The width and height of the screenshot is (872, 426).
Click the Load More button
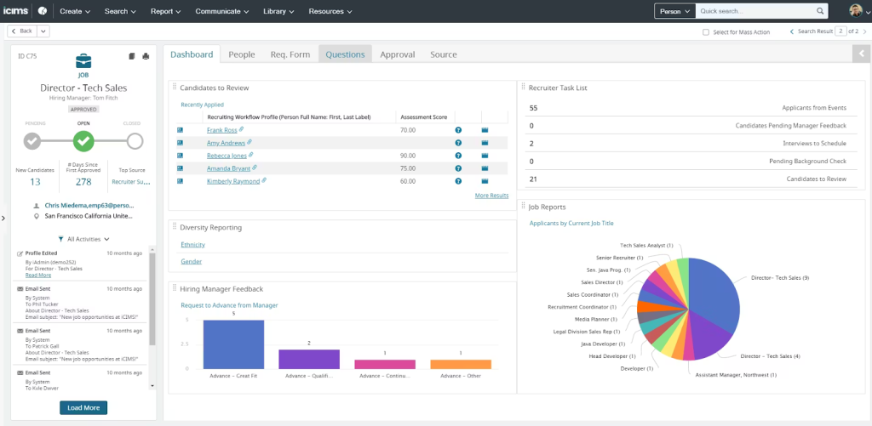coord(83,407)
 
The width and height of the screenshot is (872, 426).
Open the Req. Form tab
coord(290,54)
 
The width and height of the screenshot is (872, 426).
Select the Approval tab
coord(398,54)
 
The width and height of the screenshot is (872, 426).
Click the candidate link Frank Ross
coord(222,130)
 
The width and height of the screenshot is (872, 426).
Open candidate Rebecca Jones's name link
coord(226,156)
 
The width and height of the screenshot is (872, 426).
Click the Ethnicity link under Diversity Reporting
coord(192,245)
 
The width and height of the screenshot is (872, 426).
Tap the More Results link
coord(491,195)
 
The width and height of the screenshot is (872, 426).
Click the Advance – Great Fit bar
coord(233,344)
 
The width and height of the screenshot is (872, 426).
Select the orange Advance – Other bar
coord(461,364)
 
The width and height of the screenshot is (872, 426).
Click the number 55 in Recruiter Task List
coord(533,108)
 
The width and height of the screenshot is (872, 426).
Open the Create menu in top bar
coord(76,11)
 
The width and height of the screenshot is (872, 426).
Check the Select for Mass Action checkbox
coord(705,31)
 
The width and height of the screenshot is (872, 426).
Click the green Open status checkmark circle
coord(83,141)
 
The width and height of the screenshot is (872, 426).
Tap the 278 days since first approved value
coord(83,181)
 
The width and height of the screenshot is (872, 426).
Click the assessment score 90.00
coord(407,156)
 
